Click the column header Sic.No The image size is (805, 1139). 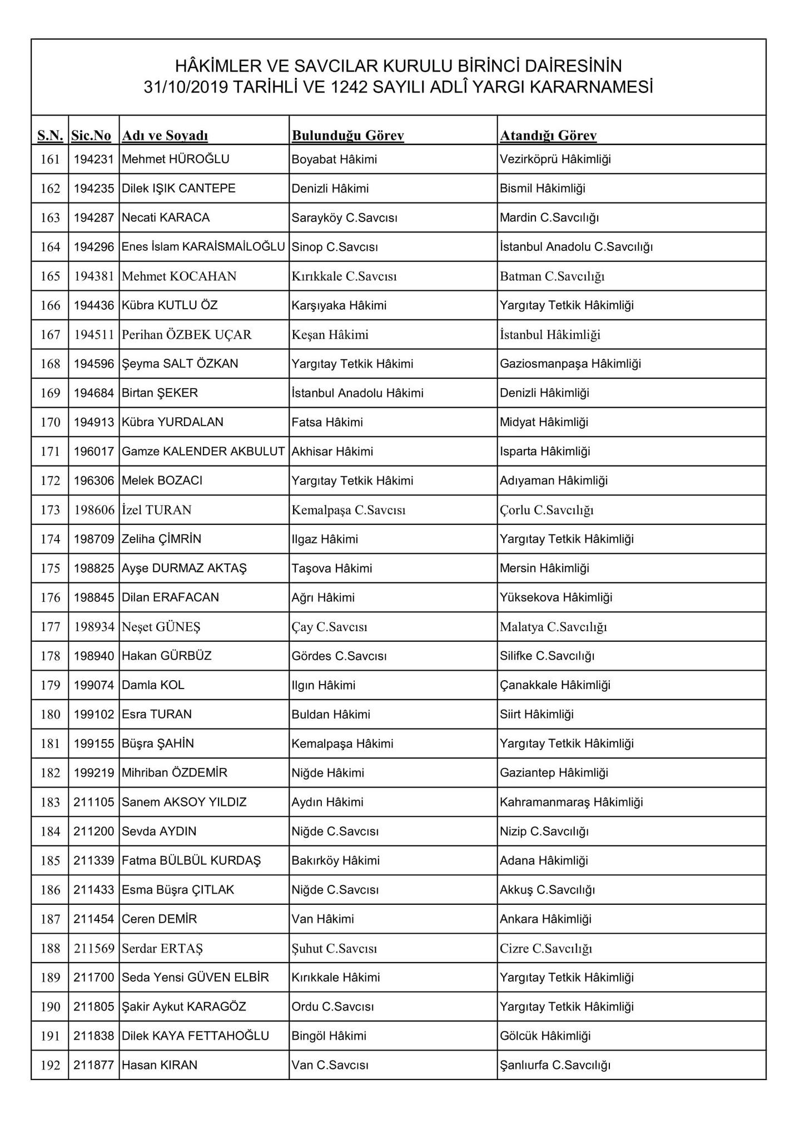point(91,135)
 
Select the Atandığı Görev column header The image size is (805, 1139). point(548,135)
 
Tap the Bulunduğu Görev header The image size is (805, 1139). point(347,135)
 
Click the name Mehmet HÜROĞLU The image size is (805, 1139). point(175,159)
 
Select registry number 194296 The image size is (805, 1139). point(94,247)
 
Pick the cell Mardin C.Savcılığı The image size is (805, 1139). point(549,217)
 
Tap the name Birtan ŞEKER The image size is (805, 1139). point(160,393)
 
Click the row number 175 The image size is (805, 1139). point(50,568)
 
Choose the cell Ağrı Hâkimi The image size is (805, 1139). point(322,597)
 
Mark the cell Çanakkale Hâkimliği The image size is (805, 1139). point(555,685)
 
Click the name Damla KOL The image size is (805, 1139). point(153,685)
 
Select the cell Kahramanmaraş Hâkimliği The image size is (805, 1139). point(571,802)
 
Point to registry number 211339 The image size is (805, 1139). point(94,860)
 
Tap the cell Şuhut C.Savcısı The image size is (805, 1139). point(334,948)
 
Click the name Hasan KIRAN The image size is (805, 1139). point(160,1065)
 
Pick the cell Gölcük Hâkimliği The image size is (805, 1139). point(545,1036)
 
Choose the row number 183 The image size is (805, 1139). point(50,802)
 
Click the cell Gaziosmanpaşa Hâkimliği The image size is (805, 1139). point(570,364)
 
